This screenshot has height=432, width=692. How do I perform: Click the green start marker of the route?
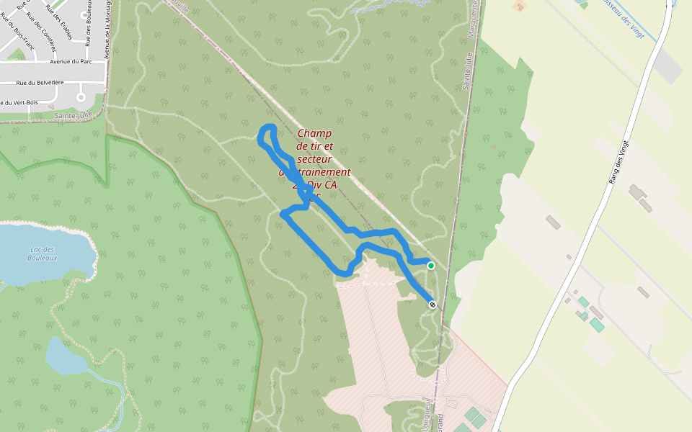coord(431,266)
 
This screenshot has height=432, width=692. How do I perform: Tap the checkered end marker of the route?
coord(432,305)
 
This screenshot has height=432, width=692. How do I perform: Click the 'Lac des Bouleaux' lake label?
coord(42,253)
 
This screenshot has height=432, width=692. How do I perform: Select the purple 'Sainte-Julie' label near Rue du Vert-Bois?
coord(73,115)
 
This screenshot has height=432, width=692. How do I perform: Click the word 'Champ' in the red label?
coord(314,133)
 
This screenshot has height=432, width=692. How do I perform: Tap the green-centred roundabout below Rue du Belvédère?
coord(81,97)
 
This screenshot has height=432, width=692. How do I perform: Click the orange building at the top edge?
coord(518,6)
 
